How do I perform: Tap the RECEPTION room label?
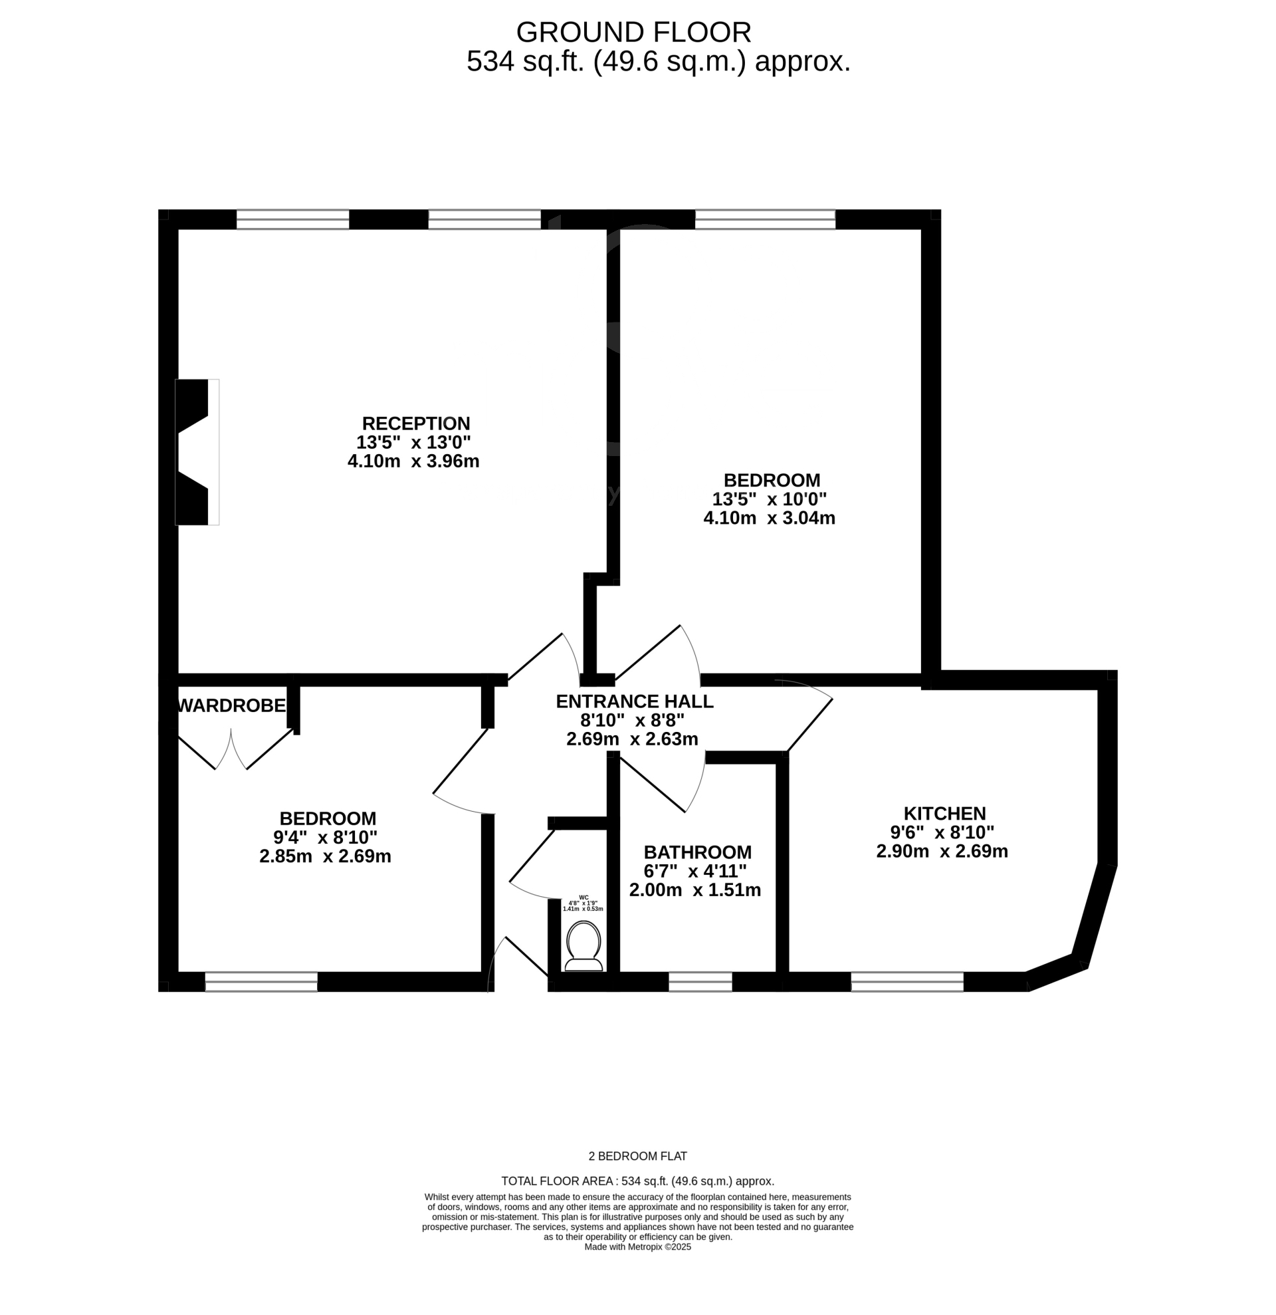(416, 423)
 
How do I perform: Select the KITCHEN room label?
(944, 813)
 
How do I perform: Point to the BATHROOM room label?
(697, 852)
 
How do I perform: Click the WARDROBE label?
(231, 705)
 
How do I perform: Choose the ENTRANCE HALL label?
(634, 701)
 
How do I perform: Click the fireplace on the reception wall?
(197, 452)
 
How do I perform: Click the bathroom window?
(700, 982)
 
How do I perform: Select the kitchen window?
(907, 982)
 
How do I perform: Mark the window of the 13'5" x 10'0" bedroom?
(765, 219)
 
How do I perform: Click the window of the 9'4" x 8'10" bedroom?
(261, 982)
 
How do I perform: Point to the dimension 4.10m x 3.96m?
(413, 461)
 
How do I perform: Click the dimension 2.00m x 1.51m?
(694, 890)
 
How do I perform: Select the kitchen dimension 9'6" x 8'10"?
(942, 832)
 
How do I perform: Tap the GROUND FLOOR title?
(633, 32)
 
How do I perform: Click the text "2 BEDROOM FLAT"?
(637, 1156)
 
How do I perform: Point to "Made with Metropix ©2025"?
(637, 1247)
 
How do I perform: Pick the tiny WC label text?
(584, 897)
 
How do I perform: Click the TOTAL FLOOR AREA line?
(637, 1181)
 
